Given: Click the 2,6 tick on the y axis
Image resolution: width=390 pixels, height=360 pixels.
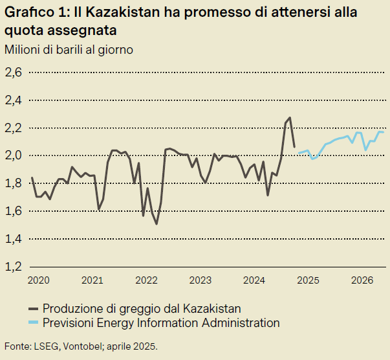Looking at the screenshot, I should click(x=14, y=73).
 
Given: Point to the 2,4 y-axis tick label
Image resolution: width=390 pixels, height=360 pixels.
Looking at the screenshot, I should click(x=14, y=100).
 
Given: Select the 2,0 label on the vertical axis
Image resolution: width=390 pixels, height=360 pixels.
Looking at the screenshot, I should click(x=14, y=155).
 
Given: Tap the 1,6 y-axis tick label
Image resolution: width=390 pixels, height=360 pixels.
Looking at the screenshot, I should click(x=14, y=211).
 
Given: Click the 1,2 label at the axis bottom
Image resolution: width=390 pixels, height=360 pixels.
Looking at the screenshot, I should click(x=14, y=266).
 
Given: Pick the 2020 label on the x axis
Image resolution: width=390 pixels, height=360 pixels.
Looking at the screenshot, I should click(x=39, y=280).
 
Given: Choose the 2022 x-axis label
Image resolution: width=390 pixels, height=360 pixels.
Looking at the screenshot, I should click(x=147, y=280).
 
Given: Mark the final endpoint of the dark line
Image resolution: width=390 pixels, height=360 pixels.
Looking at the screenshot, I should click(x=294, y=147).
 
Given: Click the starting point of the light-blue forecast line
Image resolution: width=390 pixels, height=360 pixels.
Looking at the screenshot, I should click(x=299, y=153).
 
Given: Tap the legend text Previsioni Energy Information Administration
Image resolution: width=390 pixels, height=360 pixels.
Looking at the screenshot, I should click(x=161, y=322).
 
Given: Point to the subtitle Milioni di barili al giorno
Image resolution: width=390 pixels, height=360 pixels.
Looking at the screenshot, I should click(x=69, y=50).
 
